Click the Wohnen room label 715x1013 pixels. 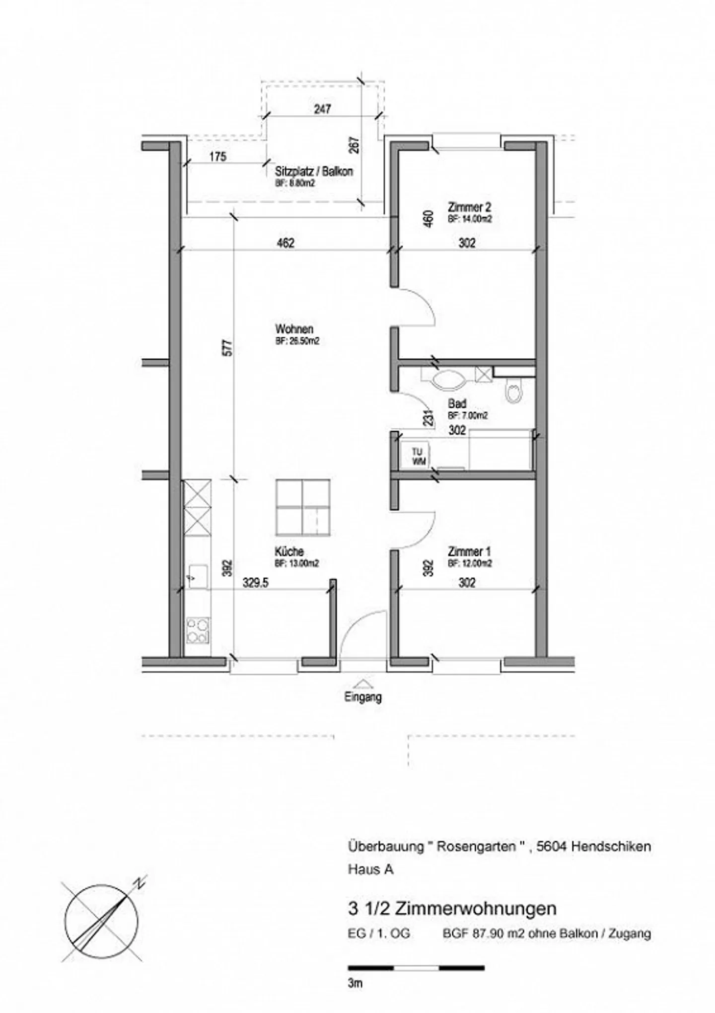click(294, 329)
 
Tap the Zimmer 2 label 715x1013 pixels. click(469, 207)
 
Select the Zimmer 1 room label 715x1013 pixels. click(469, 551)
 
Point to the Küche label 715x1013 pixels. click(289, 551)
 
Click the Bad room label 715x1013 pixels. click(457, 404)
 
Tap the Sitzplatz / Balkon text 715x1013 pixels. click(314, 172)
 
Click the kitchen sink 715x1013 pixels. click(198, 576)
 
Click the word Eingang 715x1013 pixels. click(363, 697)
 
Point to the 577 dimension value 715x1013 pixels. click(227, 347)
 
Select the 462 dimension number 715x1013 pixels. click(286, 243)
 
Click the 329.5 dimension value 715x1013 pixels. click(255, 583)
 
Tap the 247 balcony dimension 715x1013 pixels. click(323, 108)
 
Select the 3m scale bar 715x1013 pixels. click(416, 968)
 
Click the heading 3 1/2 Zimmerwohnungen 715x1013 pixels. click(452, 909)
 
